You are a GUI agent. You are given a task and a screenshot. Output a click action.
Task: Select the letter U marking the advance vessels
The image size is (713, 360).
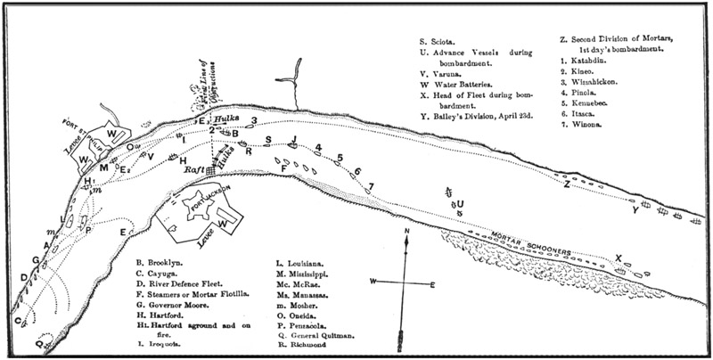coord(460,202)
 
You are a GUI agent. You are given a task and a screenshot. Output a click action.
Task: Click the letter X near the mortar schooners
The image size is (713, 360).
coord(618,258)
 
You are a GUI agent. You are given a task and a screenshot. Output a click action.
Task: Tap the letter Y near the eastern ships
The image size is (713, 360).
coord(635,212)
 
